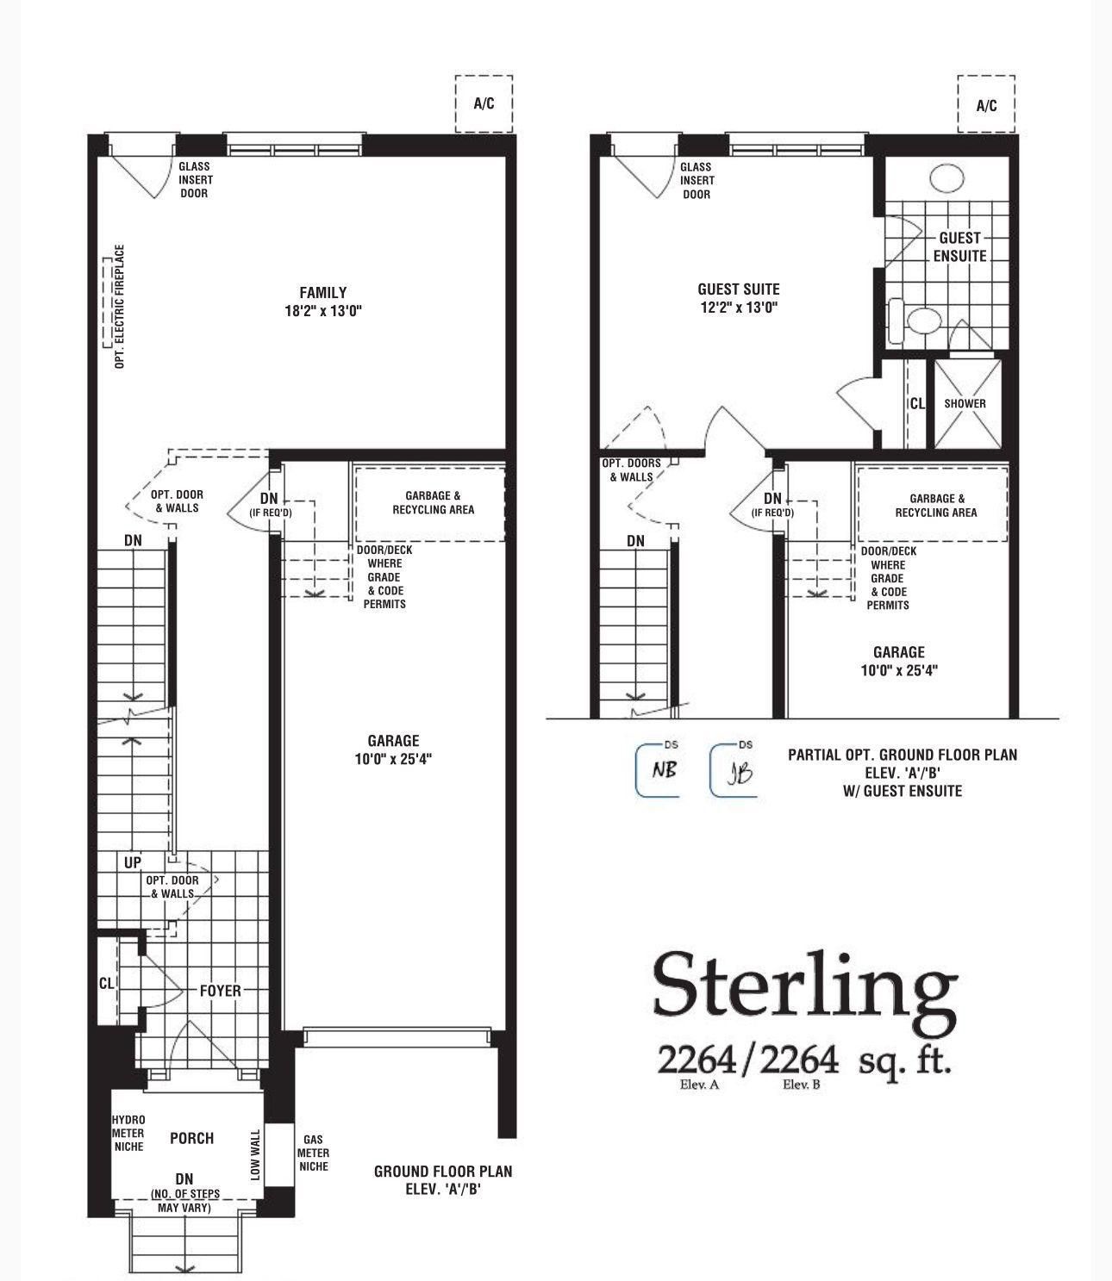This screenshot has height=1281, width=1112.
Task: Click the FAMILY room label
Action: tap(323, 292)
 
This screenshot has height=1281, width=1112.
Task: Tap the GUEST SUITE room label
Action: tap(739, 289)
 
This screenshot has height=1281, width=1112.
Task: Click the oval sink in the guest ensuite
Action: tap(946, 177)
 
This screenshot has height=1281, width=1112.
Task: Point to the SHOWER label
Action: tap(965, 404)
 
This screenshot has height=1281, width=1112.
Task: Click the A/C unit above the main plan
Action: tap(484, 104)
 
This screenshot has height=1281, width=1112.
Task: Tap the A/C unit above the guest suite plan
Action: tap(986, 104)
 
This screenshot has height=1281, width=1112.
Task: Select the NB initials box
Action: tap(657, 771)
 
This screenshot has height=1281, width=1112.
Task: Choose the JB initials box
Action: tap(733, 771)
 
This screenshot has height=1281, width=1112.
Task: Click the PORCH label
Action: tap(191, 1138)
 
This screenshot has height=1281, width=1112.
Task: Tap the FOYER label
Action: tap(221, 991)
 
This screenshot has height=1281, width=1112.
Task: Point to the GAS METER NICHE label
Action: tap(313, 1153)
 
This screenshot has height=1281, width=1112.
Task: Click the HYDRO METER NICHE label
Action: tap(128, 1133)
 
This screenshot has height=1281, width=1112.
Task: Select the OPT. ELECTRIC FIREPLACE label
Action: tap(119, 306)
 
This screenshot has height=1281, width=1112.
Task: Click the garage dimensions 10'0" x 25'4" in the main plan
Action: tap(393, 760)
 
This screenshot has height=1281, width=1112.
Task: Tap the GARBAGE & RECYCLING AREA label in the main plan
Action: tap(433, 503)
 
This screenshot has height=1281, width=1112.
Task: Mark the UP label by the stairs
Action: tap(132, 863)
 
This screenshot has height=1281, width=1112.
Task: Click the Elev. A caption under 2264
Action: tap(699, 1085)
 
